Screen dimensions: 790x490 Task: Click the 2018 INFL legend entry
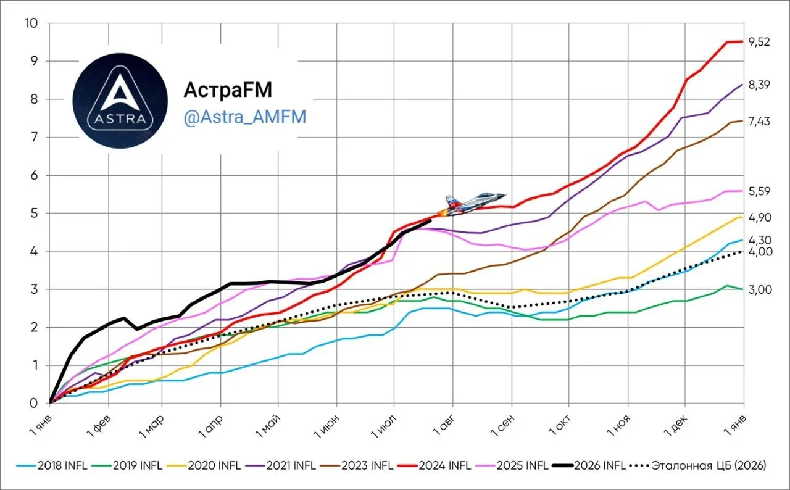pyautogui.click(x=52, y=466)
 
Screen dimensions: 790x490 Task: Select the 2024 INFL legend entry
pyautogui.click(x=434, y=466)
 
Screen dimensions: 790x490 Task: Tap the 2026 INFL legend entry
pyautogui.click(x=589, y=466)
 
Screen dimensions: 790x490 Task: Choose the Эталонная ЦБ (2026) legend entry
pyautogui.click(x=698, y=466)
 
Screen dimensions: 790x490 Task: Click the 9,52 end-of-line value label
pyautogui.click(x=759, y=42)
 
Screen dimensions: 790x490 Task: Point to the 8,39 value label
pyautogui.click(x=759, y=85)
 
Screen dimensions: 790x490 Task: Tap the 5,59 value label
pyautogui.click(x=759, y=191)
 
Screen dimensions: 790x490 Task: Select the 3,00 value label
pyautogui.click(x=760, y=290)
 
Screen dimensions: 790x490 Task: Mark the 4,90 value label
pyautogui.click(x=760, y=217)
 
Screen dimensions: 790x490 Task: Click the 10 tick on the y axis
pyautogui.click(x=31, y=23)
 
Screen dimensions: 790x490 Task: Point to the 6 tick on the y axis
pyautogui.click(x=34, y=175)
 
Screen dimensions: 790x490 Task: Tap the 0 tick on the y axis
pyautogui.click(x=34, y=403)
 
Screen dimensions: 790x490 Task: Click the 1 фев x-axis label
pyautogui.click(x=99, y=425)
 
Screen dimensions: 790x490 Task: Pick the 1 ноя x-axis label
pyautogui.click(x=618, y=425)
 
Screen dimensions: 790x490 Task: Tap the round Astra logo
pyautogui.click(x=120, y=101)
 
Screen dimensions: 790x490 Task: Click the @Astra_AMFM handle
pyautogui.click(x=245, y=117)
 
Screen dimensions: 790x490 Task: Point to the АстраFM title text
pyautogui.click(x=228, y=89)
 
